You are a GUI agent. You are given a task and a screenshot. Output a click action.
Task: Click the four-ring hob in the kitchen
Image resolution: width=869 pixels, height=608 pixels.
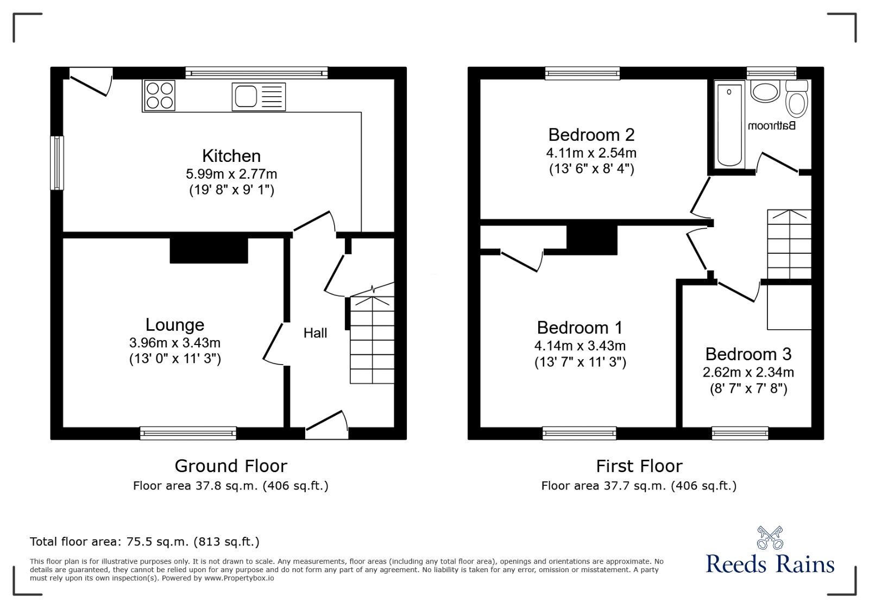159,96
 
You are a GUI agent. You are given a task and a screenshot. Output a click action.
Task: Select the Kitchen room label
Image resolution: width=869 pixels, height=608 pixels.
231,156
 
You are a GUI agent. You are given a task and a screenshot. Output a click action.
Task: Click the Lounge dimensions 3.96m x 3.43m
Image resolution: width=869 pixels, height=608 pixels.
175,343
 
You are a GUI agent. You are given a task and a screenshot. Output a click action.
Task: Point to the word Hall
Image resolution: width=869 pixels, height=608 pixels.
315,333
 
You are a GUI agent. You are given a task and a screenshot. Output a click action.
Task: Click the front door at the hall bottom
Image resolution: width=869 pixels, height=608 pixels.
326,425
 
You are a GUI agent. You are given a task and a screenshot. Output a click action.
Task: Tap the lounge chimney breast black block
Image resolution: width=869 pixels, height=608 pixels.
209,250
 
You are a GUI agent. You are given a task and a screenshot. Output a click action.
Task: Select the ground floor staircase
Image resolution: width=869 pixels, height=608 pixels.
372,340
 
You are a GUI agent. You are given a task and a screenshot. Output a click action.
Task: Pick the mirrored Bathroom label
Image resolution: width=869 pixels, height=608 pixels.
772,126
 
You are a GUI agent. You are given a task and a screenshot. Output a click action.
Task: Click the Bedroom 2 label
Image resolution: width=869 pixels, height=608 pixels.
591,135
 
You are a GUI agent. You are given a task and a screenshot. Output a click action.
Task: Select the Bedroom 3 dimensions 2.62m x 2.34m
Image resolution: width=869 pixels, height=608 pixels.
748,373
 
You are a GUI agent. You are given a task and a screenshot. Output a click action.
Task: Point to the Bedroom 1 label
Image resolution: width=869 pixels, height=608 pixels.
580,328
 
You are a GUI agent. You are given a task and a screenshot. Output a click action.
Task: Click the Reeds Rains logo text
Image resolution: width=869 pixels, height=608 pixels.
770,564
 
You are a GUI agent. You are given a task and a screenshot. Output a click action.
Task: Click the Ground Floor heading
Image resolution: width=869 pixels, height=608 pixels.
231,466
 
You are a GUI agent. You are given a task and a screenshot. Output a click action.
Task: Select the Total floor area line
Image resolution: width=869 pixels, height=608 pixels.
144,542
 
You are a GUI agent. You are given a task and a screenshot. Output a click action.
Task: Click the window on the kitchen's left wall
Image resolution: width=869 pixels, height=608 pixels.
57,162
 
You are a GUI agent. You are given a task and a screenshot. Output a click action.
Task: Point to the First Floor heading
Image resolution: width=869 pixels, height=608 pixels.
639,466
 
